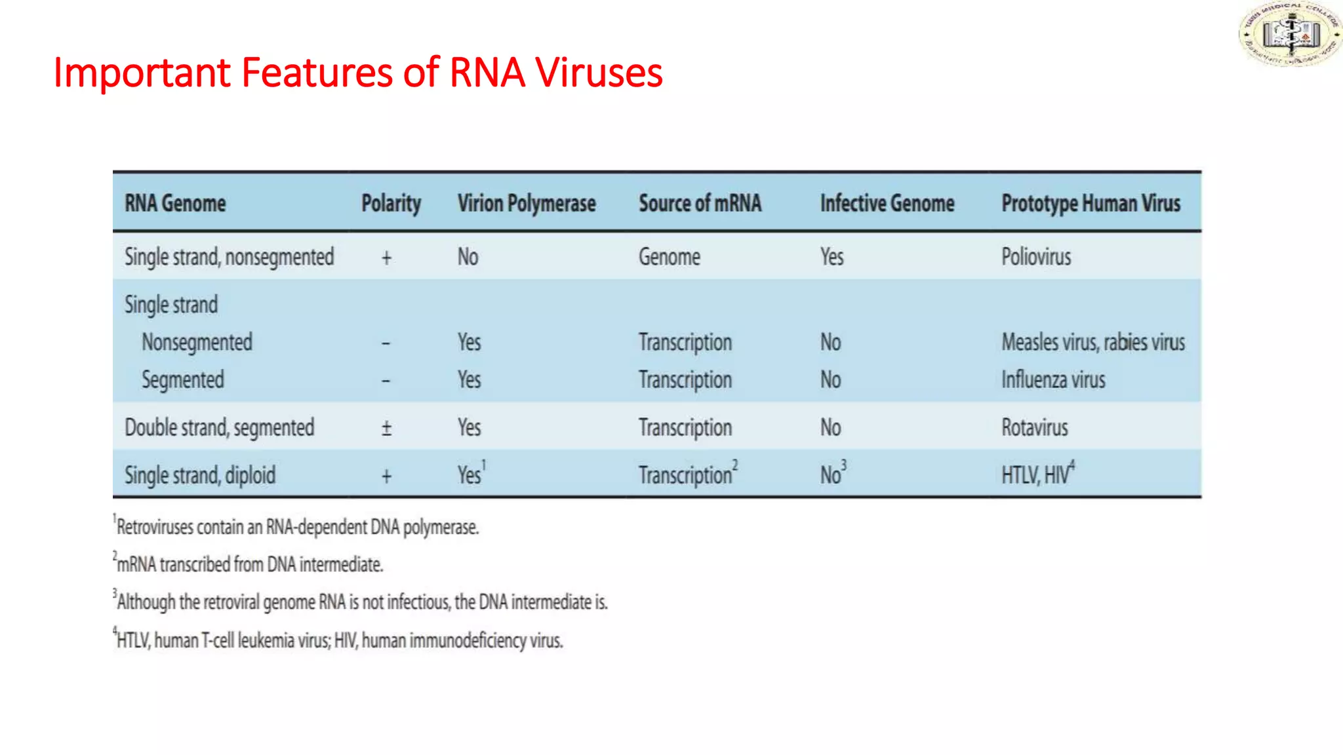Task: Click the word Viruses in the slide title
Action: (598, 72)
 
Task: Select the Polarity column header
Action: (391, 203)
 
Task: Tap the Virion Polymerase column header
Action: (526, 203)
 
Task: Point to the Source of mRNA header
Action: (700, 203)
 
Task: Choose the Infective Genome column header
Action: (887, 203)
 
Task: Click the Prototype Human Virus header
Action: (1090, 203)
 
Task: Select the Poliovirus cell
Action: (1035, 257)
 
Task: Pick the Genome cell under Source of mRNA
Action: (669, 257)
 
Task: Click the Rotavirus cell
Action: (1034, 428)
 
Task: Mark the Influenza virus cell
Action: (1052, 380)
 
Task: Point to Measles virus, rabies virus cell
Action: (1092, 342)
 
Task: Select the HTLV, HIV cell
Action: (1037, 474)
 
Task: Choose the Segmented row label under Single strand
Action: (182, 380)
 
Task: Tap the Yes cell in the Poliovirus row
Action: (832, 257)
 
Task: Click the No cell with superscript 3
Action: (832, 474)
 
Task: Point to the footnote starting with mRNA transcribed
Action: (249, 564)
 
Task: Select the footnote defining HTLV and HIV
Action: (339, 640)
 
